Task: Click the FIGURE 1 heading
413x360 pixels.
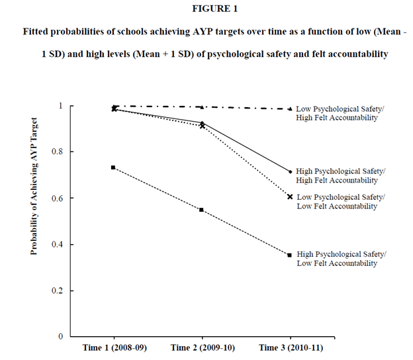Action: click(206, 10)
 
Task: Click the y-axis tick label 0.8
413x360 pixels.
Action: click(58, 152)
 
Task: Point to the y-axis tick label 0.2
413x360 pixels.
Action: click(58, 291)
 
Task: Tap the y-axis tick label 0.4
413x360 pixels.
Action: click(58, 245)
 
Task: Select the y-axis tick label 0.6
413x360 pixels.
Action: click(58, 199)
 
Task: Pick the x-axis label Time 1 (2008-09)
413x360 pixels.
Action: click(113, 347)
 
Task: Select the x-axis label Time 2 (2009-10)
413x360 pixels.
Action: click(201, 347)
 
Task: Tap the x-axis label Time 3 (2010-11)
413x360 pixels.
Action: click(289, 347)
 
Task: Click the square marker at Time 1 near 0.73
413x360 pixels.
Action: click(113, 167)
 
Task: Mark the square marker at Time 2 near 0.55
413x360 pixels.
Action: click(201, 210)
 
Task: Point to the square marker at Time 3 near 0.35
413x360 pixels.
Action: click(289, 255)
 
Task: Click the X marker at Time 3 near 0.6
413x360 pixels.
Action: click(290, 197)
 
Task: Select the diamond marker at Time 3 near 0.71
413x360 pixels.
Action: click(290, 171)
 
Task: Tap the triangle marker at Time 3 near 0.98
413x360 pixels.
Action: click(289, 109)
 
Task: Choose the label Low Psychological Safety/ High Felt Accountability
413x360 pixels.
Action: click(337, 113)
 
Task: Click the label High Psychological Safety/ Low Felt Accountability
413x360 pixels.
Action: click(342, 259)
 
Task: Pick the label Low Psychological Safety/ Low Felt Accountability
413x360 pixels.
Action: click(341, 201)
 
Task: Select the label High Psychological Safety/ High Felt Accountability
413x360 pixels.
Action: click(342, 175)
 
